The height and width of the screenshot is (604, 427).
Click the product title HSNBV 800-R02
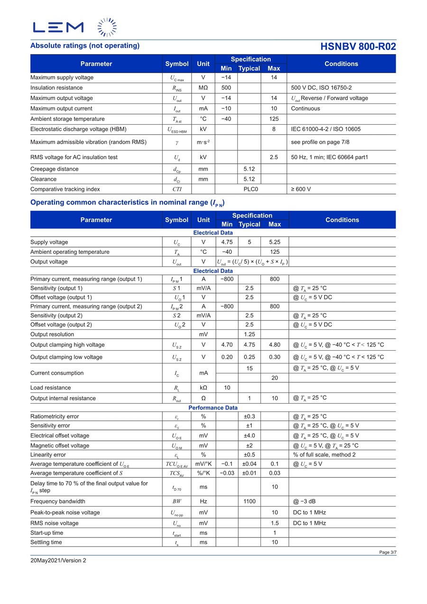pyautogui.click(x=358, y=46)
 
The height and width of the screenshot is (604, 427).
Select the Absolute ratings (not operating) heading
pyautogui.click(x=85, y=46)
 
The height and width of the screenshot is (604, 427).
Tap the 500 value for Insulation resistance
pyautogui.click(x=226, y=88)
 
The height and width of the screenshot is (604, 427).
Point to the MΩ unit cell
pyautogui.click(x=203, y=88)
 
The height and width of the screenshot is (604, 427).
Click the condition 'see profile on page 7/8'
pyautogui.click(x=320, y=142)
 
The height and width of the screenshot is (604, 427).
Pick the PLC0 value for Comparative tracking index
pyautogui.click(x=251, y=189)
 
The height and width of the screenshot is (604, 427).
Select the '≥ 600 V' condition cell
pyautogui.click(x=301, y=189)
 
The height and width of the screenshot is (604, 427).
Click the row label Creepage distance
pyautogui.click(x=55, y=169)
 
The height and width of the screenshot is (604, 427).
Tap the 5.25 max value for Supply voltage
pyautogui.click(x=275, y=242)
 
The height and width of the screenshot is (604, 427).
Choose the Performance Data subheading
pyautogui.click(x=213, y=408)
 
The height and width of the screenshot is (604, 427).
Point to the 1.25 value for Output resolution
pyautogui.click(x=250, y=334)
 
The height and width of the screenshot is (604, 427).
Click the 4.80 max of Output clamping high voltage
pyautogui.click(x=275, y=345)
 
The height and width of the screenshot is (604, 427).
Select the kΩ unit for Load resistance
pyautogui.click(x=203, y=388)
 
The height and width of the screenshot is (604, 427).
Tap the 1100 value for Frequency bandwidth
pyautogui.click(x=250, y=501)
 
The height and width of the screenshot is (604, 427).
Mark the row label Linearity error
pyautogui.click(x=48, y=455)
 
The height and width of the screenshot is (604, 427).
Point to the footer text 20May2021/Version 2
pyautogui.click(x=58, y=560)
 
